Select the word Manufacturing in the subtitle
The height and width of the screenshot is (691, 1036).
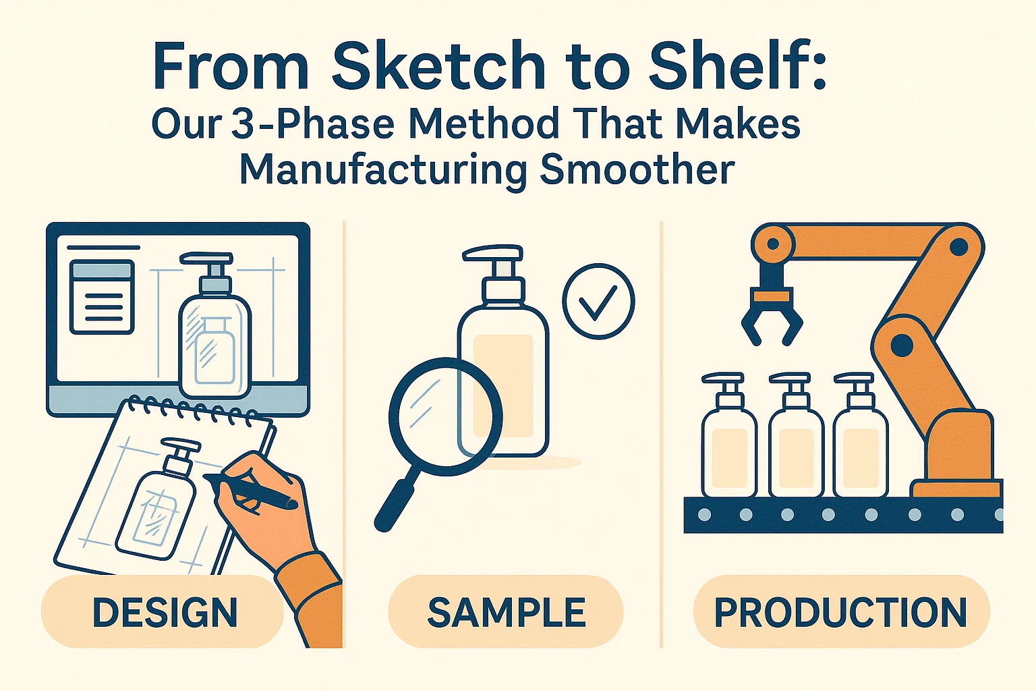pos(383,170)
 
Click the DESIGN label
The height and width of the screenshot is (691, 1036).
pos(165,612)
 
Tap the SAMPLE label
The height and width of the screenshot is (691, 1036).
pos(507,612)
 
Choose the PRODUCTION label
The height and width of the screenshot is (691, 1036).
pos(841,612)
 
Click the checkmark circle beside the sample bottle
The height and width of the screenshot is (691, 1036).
pos(598,301)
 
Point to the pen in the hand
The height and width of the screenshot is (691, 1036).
pos(250,491)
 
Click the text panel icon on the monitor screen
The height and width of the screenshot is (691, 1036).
pos(103,297)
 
